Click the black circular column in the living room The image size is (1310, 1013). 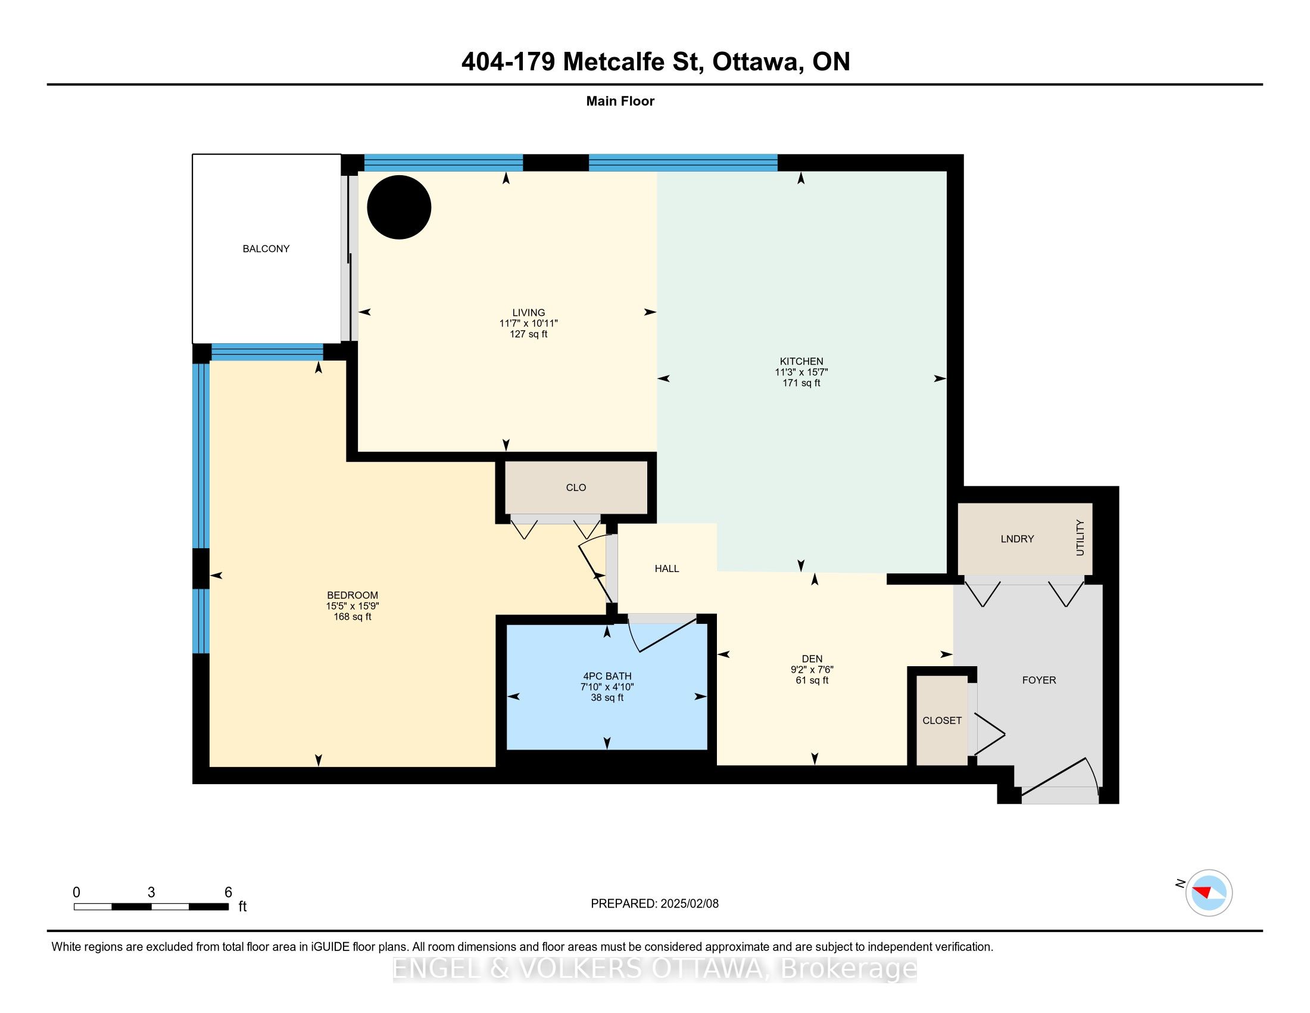tap(399, 207)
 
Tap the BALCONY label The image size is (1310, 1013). tap(266, 248)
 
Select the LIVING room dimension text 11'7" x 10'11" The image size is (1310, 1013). tap(528, 323)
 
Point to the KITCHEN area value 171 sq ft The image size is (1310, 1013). tap(801, 383)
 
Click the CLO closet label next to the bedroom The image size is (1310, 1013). tap(576, 487)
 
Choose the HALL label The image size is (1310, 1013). tap(667, 568)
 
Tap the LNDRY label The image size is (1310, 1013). tap(1017, 539)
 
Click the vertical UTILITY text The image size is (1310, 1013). tap(1080, 537)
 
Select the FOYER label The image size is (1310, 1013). tap(1039, 680)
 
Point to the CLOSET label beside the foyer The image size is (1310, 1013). tap(942, 720)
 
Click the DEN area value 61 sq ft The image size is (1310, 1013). tap(812, 680)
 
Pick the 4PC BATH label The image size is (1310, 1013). tap(607, 676)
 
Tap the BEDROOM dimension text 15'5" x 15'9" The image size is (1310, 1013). tap(352, 606)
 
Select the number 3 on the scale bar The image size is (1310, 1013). tap(151, 893)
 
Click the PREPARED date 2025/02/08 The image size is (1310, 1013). tap(689, 904)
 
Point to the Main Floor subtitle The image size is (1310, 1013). tap(620, 101)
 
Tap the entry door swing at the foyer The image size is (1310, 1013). tap(1060, 781)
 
